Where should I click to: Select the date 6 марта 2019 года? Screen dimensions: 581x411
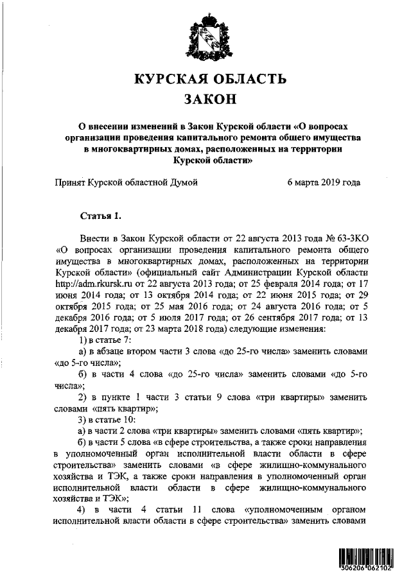[x=324, y=182]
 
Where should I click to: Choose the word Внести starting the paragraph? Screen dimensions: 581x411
[x=94, y=237]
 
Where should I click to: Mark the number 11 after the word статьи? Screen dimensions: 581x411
[x=195, y=510]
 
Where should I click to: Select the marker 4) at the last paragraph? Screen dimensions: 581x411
[x=82, y=510]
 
